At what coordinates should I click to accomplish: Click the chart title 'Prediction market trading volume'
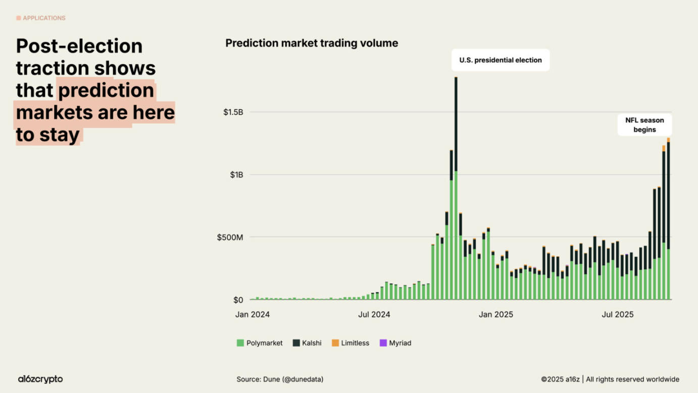pos(312,43)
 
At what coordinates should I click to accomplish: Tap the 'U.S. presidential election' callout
pos(500,60)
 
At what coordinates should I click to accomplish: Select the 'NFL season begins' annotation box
pos(644,125)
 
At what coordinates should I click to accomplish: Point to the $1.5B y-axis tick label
pos(233,112)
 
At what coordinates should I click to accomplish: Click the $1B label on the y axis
pos(236,175)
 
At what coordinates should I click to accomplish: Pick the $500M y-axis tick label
pos(230,237)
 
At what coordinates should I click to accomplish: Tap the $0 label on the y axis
pos(238,300)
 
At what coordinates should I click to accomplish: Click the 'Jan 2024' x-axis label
pos(253,315)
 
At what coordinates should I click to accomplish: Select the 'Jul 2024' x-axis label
pos(374,315)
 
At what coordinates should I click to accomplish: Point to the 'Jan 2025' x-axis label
pos(496,315)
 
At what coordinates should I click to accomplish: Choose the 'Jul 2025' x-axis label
pos(617,315)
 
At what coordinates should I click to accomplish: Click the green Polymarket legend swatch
pos(240,343)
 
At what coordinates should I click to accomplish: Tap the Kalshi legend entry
pos(307,343)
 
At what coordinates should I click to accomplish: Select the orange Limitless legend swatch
pos(335,343)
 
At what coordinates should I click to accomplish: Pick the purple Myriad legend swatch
pos(383,343)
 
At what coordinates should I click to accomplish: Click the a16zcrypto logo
pos(40,379)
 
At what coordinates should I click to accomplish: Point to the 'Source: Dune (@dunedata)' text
pos(280,379)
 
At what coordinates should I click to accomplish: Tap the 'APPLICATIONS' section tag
pos(41,18)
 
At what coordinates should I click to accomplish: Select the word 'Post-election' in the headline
pos(79,46)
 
